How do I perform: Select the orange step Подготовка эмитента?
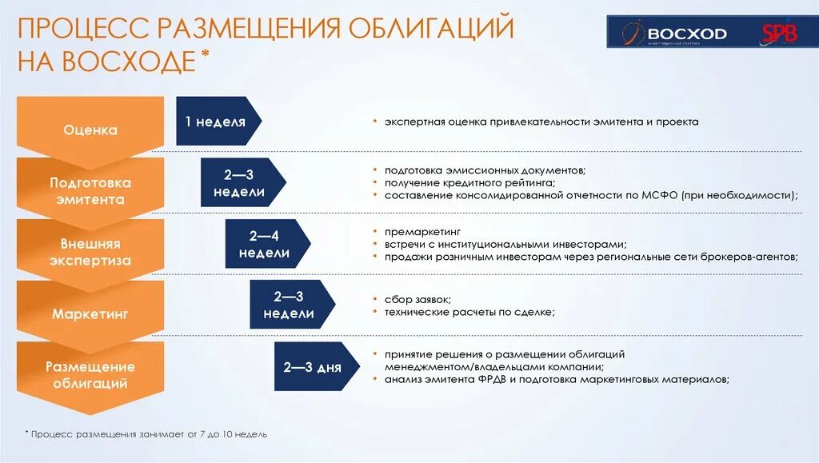(90, 191)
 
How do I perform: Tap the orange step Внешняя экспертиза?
(90, 252)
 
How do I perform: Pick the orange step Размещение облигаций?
(90, 375)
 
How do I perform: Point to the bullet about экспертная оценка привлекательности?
(541, 122)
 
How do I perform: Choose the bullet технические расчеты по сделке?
(469, 312)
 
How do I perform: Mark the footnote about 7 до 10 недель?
(149, 433)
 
